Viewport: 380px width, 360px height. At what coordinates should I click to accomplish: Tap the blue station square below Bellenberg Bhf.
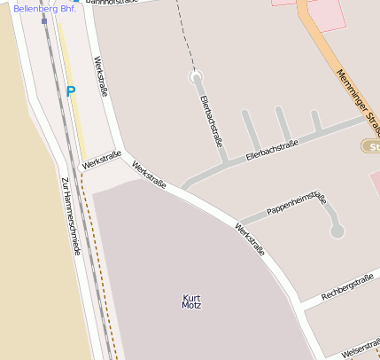(44, 21)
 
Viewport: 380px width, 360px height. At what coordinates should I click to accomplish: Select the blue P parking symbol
(71, 91)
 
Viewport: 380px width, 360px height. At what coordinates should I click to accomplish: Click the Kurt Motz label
(191, 301)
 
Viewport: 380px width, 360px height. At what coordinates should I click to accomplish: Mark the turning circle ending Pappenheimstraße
(337, 231)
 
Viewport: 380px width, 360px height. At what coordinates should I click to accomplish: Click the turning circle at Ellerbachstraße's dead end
(196, 78)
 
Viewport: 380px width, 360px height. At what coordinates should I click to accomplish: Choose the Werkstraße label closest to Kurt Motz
(249, 239)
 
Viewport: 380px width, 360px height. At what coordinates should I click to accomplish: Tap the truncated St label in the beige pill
(373, 145)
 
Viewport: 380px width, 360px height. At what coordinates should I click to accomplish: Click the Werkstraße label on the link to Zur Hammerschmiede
(101, 160)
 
